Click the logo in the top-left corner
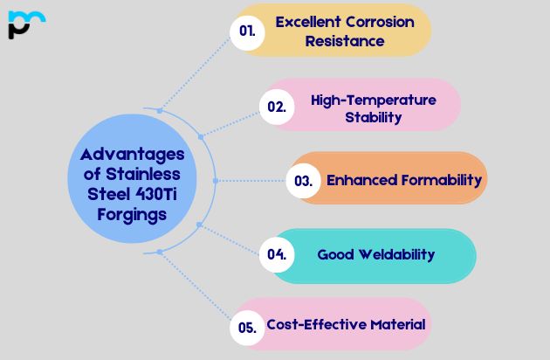25,24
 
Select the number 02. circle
278,107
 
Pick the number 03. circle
304,181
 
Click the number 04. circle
278,255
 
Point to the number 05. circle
248,329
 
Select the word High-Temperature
374,100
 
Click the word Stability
373,117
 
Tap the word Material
396,325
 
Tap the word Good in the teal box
333,255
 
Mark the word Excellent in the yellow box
302,22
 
